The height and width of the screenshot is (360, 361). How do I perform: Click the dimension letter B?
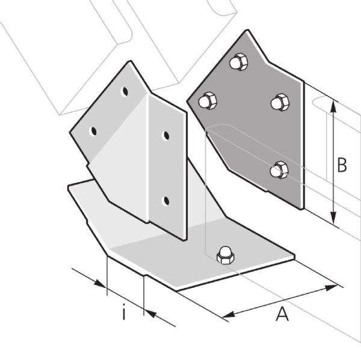(342, 165)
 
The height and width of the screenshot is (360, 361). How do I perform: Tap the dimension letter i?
(124, 312)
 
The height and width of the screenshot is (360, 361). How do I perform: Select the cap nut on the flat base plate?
(226, 255)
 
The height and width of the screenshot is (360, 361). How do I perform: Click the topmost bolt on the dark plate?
(239, 62)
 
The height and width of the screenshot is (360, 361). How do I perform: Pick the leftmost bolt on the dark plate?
(208, 100)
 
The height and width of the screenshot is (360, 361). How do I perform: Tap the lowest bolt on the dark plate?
(279, 170)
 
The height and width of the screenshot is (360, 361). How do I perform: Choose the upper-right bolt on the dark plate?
(280, 102)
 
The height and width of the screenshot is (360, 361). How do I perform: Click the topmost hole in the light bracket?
(125, 91)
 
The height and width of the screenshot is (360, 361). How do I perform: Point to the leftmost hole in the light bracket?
(93, 132)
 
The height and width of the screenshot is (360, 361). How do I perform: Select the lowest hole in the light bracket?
(165, 201)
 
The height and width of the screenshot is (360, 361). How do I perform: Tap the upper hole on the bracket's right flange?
(166, 135)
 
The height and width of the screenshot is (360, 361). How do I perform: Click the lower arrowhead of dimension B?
(333, 218)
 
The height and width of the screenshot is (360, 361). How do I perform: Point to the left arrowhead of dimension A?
(228, 314)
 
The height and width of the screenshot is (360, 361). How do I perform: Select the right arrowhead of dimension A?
(331, 287)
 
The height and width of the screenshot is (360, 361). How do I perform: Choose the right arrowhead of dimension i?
(151, 314)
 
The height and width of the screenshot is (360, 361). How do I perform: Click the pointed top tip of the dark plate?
(247, 30)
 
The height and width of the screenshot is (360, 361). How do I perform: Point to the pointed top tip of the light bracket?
(131, 61)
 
